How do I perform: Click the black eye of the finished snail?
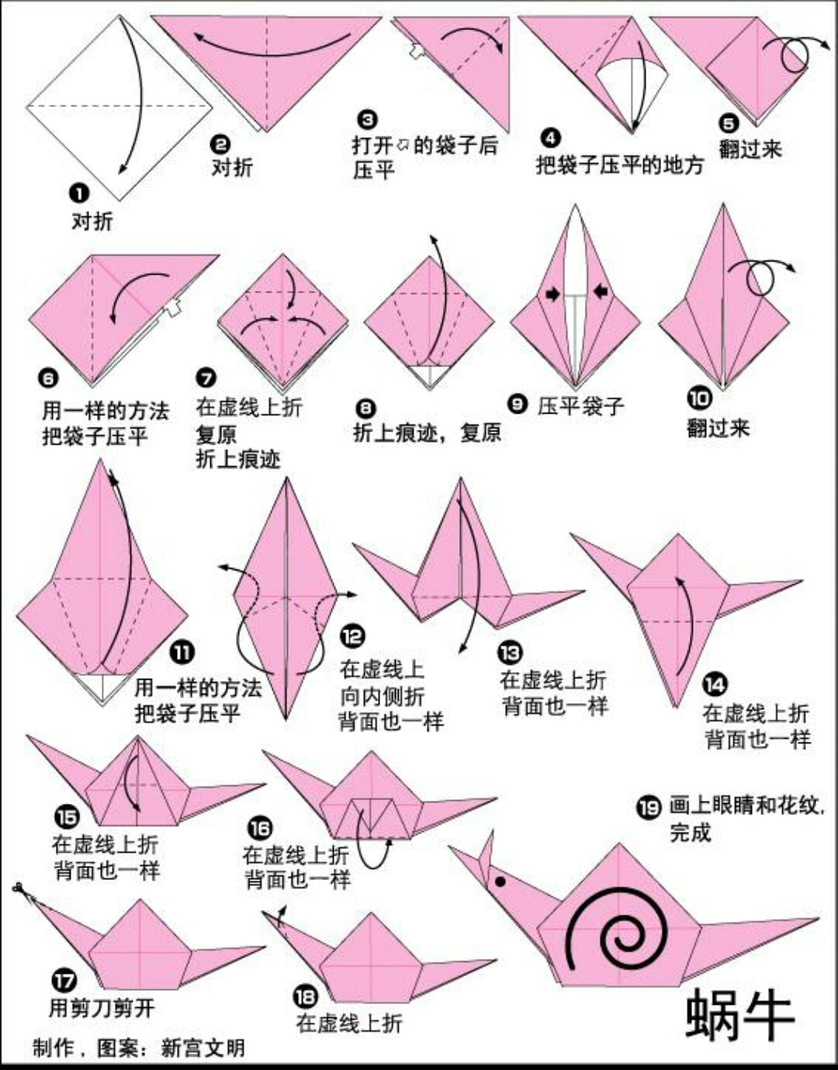(500, 881)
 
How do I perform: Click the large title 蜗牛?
(739, 1014)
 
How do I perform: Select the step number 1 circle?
(80, 193)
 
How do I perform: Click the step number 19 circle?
(649, 808)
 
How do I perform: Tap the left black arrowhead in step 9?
(552, 293)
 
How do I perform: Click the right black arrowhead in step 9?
(601, 292)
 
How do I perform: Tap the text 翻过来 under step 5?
(750, 148)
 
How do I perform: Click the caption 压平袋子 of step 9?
(580, 405)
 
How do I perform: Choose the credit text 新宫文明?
(203, 1048)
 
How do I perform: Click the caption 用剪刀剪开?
(102, 1008)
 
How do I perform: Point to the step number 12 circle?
(353, 636)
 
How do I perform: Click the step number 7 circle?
(206, 378)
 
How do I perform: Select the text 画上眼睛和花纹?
(744, 805)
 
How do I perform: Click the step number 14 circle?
(715, 684)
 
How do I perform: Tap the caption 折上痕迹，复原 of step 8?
(427, 432)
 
